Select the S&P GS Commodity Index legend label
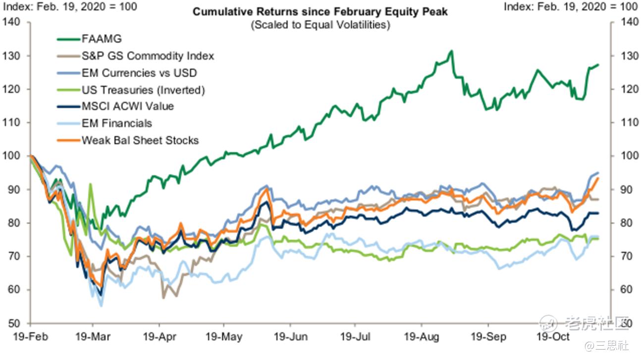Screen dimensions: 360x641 click(x=147, y=55)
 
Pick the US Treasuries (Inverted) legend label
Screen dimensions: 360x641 click(x=143, y=90)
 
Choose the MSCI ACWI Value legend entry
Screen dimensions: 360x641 click(x=127, y=106)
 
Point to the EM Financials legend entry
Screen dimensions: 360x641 click(x=116, y=123)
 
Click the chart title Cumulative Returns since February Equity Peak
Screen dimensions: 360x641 click(x=320, y=11)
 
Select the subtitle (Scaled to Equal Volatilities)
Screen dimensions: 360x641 click(x=320, y=24)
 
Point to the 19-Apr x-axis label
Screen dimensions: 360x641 click(x=160, y=337)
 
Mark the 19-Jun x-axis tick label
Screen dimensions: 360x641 click(x=291, y=337)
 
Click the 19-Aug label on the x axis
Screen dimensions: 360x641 click(x=422, y=337)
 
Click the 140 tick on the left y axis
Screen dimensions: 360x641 click(x=11, y=22)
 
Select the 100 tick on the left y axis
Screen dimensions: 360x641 click(x=11, y=156)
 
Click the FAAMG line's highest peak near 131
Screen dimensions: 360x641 click(x=451, y=51)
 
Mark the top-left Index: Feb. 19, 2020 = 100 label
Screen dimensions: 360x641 click(x=69, y=7)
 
